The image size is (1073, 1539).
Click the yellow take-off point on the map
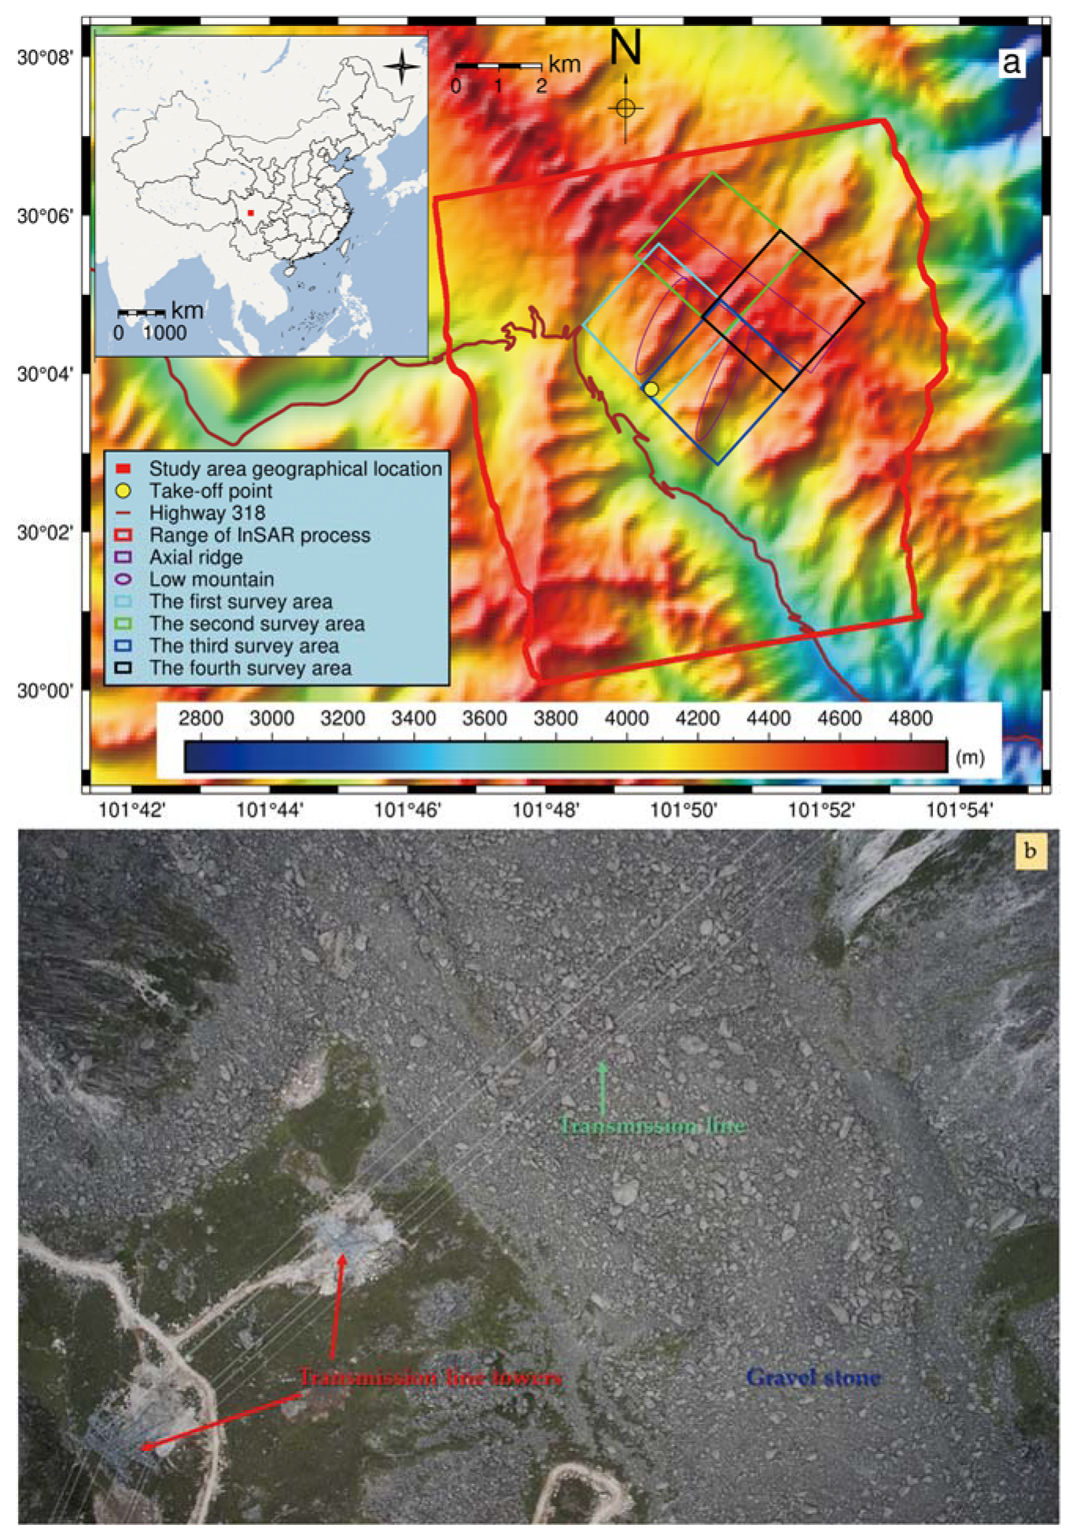(x=651, y=389)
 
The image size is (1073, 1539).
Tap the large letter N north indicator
(x=625, y=48)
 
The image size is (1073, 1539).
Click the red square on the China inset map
(x=250, y=212)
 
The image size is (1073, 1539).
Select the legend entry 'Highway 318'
(x=207, y=513)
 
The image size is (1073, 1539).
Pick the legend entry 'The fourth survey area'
(x=250, y=668)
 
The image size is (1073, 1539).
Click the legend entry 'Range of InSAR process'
(x=260, y=535)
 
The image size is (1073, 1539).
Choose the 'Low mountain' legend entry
(x=212, y=579)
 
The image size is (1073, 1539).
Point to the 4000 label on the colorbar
(x=626, y=718)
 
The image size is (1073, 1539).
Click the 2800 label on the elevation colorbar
(x=201, y=718)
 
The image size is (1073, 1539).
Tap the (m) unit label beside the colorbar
(x=969, y=757)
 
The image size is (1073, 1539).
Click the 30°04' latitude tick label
(x=45, y=373)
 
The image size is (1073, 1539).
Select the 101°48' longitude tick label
(x=546, y=810)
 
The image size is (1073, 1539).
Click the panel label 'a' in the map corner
(x=1012, y=62)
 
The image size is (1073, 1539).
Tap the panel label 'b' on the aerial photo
(x=1030, y=851)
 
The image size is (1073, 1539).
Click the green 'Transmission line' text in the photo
(x=652, y=1125)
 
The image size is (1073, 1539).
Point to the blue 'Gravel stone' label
(x=813, y=1377)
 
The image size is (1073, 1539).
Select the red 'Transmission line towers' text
(x=430, y=1377)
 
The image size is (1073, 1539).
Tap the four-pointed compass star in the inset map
(x=401, y=65)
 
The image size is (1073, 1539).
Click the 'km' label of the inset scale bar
(x=187, y=310)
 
